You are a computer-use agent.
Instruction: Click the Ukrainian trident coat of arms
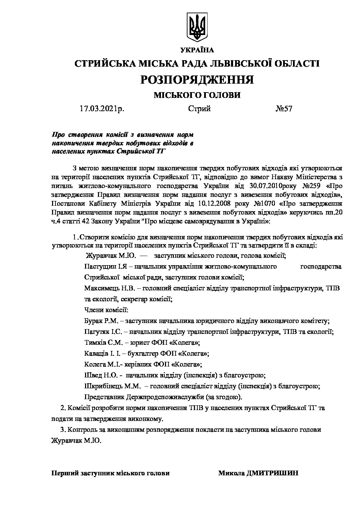[x=198, y=26]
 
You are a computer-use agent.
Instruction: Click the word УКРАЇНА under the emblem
[x=197, y=50]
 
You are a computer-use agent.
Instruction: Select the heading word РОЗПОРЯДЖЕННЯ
[x=197, y=80]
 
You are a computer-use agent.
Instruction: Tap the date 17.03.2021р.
[x=102, y=109]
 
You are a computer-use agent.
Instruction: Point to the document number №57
[x=283, y=109]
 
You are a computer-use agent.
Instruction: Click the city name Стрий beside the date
[x=199, y=109]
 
